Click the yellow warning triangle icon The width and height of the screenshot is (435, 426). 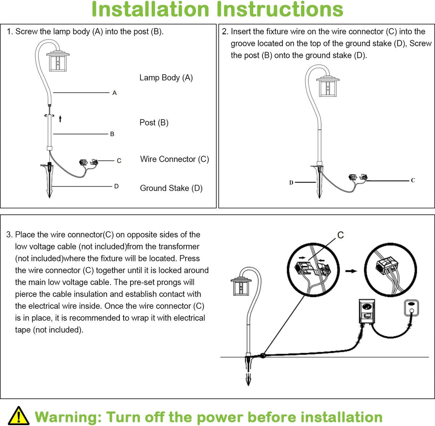click(x=18, y=415)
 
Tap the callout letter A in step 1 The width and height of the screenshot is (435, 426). click(x=114, y=93)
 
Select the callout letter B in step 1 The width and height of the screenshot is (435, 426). click(x=112, y=134)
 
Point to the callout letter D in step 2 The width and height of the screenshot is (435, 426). click(x=291, y=182)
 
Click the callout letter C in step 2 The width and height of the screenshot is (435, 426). click(x=412, y=180)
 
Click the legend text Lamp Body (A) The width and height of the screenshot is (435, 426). click(x=166, y=78)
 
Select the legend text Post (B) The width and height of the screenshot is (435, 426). click(x=154, y=123)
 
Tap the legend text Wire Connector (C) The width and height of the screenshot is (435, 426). click(x=175, y=159)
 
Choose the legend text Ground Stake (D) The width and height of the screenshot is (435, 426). click(x=171, y=188)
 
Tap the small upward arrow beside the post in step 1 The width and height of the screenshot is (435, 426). click(x=60, y=119)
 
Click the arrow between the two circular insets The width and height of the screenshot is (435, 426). click(x=351, y=271)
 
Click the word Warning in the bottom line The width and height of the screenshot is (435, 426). click(x=67, y=416)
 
